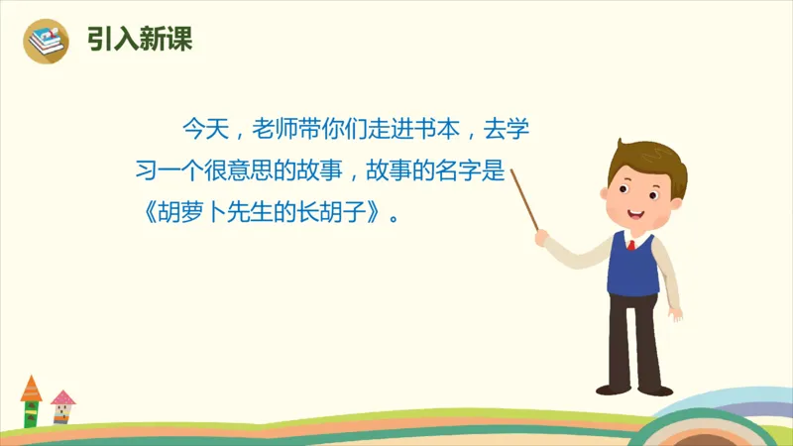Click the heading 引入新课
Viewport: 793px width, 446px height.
(140, 40)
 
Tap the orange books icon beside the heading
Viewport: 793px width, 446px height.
(46, 41)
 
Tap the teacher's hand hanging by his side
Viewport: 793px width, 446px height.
(675, 313)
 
